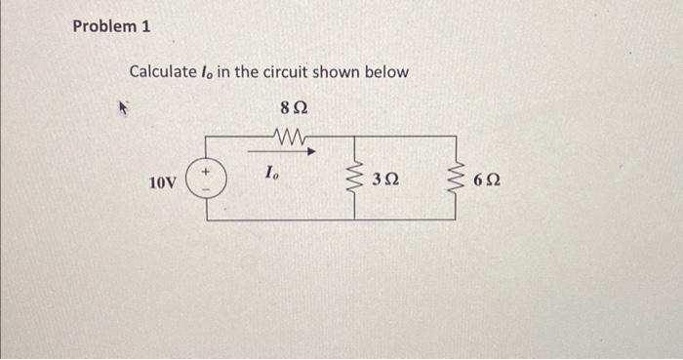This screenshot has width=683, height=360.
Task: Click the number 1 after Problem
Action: (146, 27)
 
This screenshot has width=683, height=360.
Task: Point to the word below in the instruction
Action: (386, 72)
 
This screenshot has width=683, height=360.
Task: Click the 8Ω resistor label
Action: (291, 104)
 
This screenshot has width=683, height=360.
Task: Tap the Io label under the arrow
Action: (271, 174)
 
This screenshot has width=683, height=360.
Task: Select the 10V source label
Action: (161, 182)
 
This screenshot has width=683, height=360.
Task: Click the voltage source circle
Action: (206, 180)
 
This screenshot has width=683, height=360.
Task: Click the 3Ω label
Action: (385, 180)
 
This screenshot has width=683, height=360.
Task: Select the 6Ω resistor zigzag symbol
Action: (453, 179)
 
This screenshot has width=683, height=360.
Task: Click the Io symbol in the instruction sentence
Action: (208, 73)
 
